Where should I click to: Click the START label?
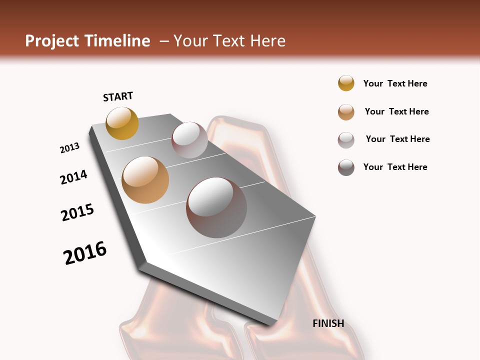pyautogui.click(x=118, y=96)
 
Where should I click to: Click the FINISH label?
pyautogui.click(x=328, y=323)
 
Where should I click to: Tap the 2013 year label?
pyautogui.click(x=70, y=148)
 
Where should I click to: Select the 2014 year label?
pyautogui.click(x=74, y=177)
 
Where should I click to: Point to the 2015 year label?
pyautogui.click(x=77, y=212)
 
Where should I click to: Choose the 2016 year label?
pyautogui.click(x=85, y=253)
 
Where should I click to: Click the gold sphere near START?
pyautogui.click(x=122, y=123)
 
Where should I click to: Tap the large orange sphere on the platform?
pyautogui.click(x=145, y=180)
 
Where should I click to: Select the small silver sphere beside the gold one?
pyautogui.click(x=189, y=140)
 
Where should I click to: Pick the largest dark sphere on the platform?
pyautogui.click(x=216, y=207)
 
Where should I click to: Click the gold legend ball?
pyautogui.click(x=346, y=83)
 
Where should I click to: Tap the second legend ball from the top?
pyautogui.click(x=346, y=112)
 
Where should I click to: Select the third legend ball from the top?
pyautogui.click(x=346, y=140)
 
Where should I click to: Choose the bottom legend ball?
pyautogui.click(x=346, y=167)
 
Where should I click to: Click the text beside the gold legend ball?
pyautogui.click(x=395, y=83)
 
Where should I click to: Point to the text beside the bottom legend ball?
pyautogui.click(x=395, y=167)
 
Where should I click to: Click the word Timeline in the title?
pyautogui.click(x=117, y=41)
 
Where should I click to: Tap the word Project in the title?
pyautogui.click(x=52, y=41)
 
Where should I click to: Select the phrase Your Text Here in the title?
pyautogui.click(x=229, y=41)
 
